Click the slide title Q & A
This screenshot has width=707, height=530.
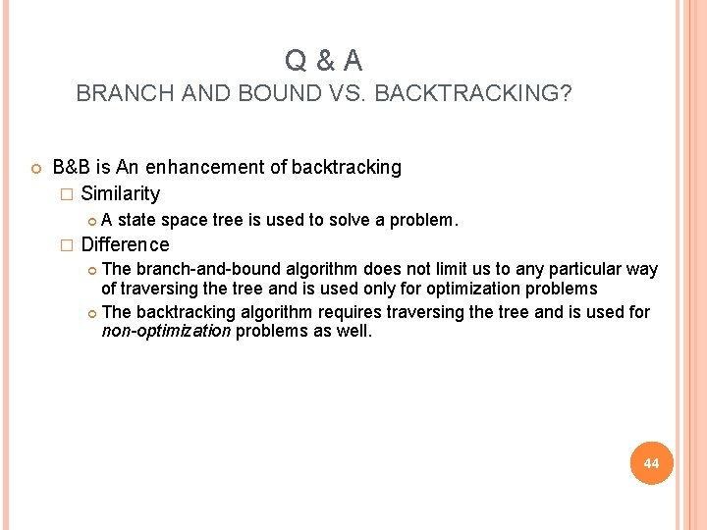pos(323,62)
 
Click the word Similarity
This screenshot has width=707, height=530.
pos(120,193)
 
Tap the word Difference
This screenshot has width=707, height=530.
pos(125,244)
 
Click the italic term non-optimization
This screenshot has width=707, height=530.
pos(166,332)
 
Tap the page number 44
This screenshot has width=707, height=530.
pos(651,462)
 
